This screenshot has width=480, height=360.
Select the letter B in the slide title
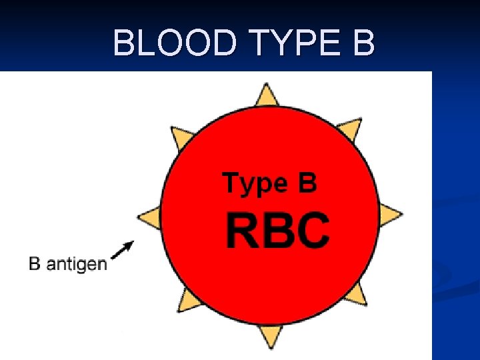pos(362,43)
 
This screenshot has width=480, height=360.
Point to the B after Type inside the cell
pos(307,182)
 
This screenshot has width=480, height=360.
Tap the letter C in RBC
pos(313,230)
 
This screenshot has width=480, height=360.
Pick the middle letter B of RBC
pos(277,230)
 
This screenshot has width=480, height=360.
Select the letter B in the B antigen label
pos(35,263)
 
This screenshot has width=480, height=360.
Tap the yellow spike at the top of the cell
pos(267,95)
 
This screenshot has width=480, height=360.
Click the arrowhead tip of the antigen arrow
pos(132,242)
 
